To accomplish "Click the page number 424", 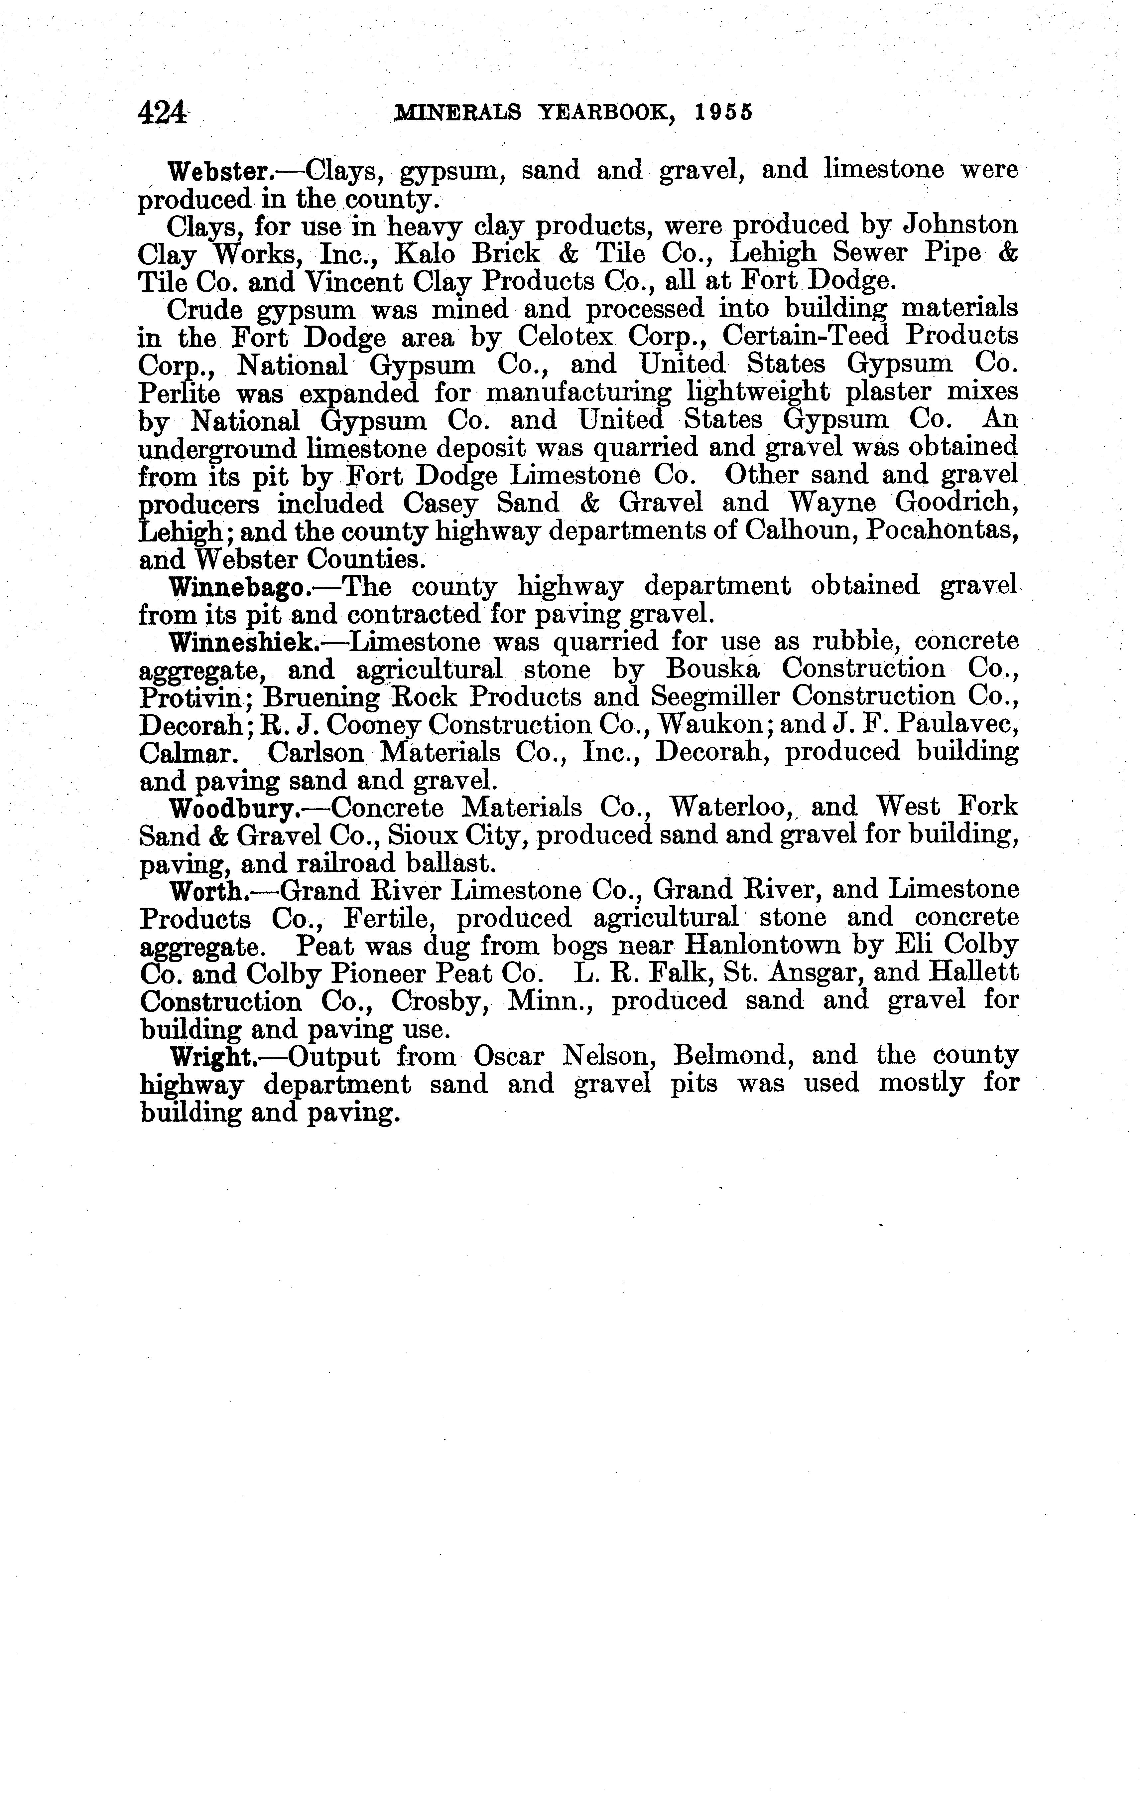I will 162,112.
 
